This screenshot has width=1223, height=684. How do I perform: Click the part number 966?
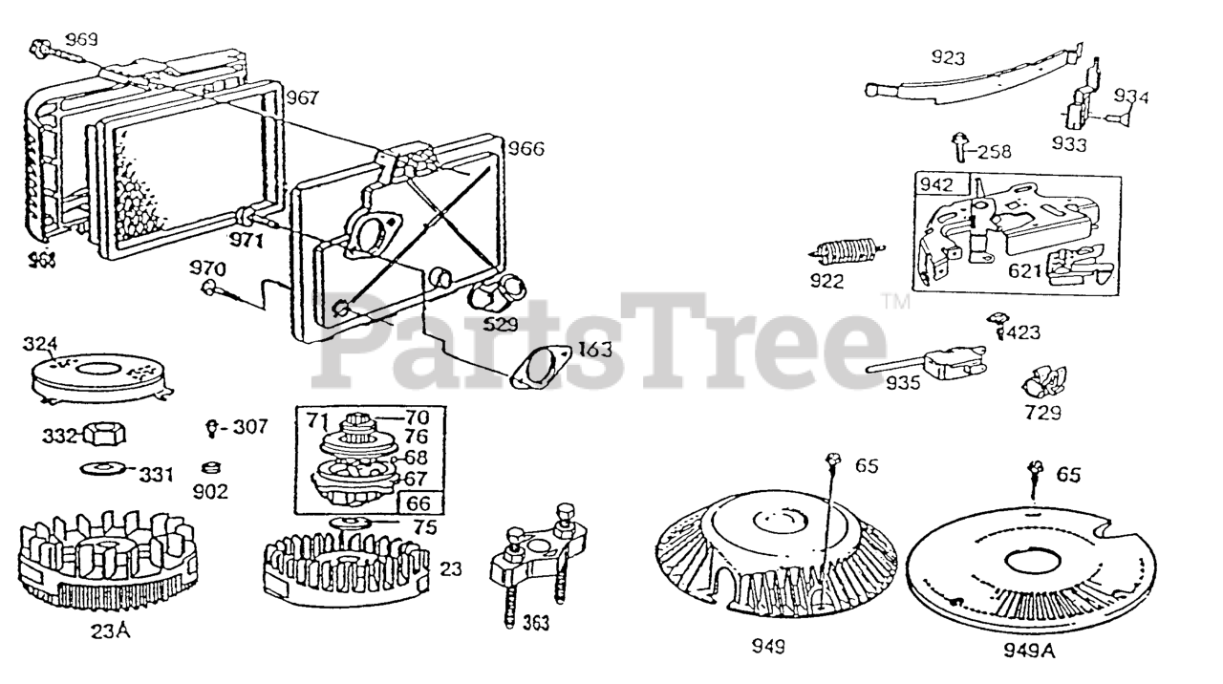tap(526, 148)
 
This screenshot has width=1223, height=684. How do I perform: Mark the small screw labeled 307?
tap(212, 428)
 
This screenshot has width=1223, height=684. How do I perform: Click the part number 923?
tap(949, 57)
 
